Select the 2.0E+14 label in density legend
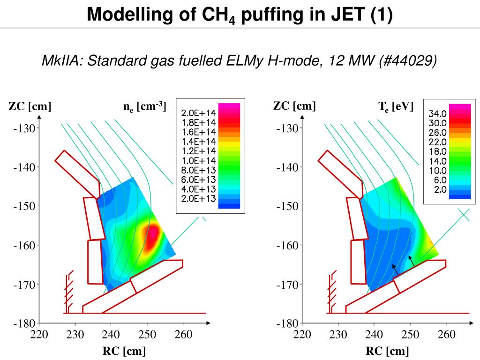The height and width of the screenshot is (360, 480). (198, 113)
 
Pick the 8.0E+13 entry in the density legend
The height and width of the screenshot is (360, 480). (198, 170)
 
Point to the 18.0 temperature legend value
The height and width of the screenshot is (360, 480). (438, 151)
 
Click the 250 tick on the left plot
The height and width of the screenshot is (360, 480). (147, 334)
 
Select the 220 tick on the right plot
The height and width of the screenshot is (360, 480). (302, 334)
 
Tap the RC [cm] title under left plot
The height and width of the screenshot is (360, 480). (124, 351)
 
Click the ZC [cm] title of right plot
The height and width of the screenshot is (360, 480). (294, 106)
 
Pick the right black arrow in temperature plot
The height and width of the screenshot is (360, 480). (412, 261)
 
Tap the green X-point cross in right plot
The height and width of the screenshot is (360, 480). (463, 214)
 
